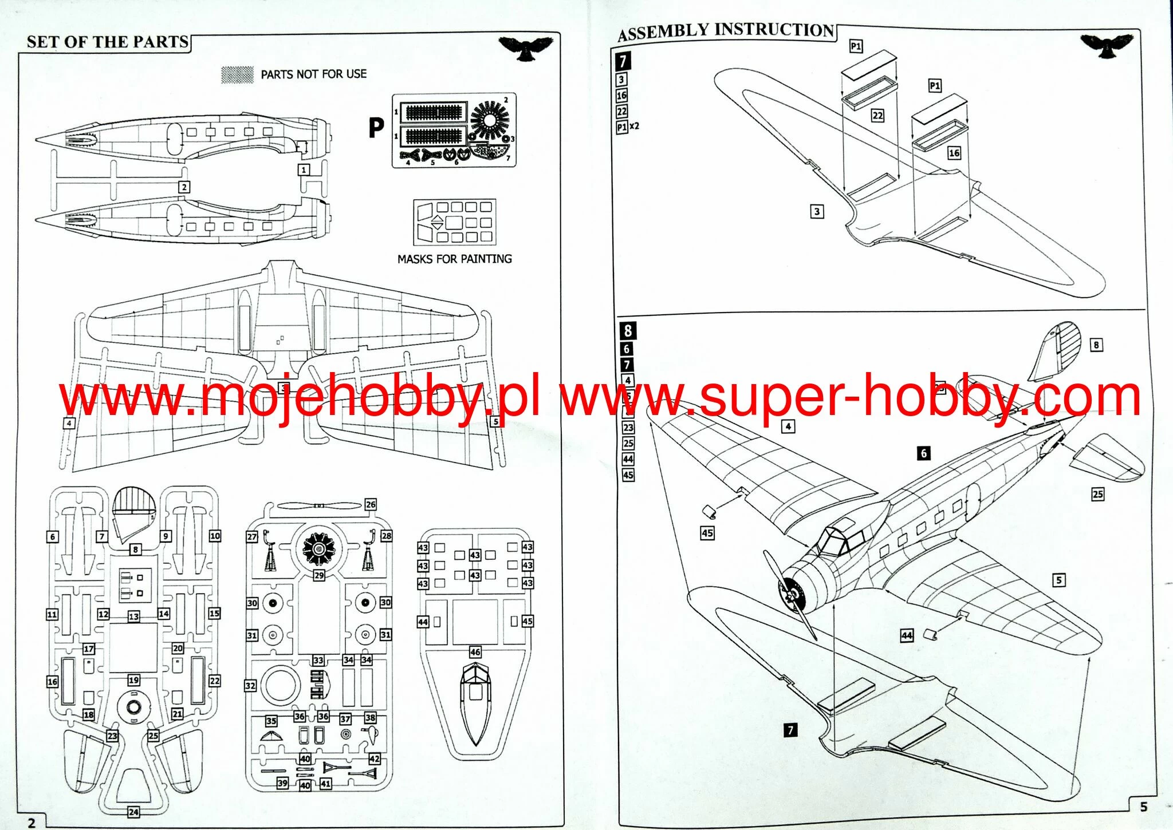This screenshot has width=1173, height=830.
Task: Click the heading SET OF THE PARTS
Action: point(108,42)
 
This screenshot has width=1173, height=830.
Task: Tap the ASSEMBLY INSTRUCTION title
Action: point(726,31)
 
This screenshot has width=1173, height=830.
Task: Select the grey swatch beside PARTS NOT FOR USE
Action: point(237,74)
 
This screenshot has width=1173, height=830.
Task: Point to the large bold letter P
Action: point(376,128)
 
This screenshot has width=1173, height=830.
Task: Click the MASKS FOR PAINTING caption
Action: point(454,259)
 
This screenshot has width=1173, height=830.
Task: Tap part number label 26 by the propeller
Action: point(371,504)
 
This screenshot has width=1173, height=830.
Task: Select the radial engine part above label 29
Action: point(318,547)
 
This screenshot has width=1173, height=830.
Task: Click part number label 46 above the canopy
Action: point(475,652)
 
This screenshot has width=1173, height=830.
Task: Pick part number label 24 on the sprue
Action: point(133,812)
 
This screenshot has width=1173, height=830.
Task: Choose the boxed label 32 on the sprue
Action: point(250,685)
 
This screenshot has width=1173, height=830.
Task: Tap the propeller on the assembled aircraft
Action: point(790,595)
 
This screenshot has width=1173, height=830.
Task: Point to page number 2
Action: point(32,823)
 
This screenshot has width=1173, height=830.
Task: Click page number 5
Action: point(1143,807)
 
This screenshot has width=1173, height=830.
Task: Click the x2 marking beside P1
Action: point(634,126)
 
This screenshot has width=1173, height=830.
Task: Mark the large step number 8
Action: point(628,330)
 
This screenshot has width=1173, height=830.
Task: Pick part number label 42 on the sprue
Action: point(374,759)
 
